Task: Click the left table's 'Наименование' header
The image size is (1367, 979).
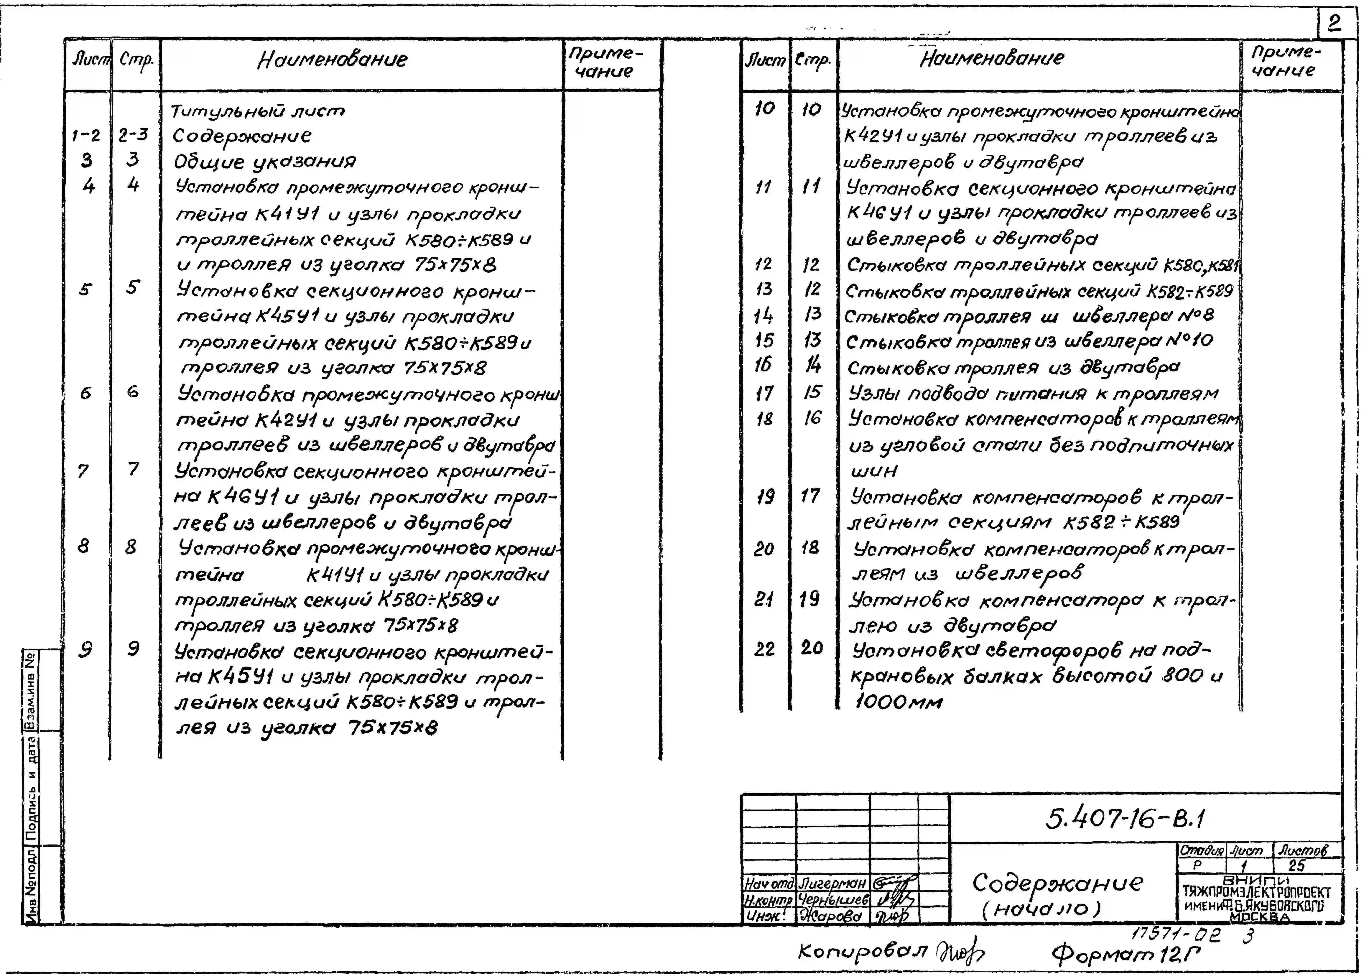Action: (332, 59)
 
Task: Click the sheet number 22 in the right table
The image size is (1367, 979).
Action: (764, 649)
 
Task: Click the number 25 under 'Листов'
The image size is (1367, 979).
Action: (1296, 866)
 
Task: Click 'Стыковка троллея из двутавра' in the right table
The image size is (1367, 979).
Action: (1013, 367)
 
